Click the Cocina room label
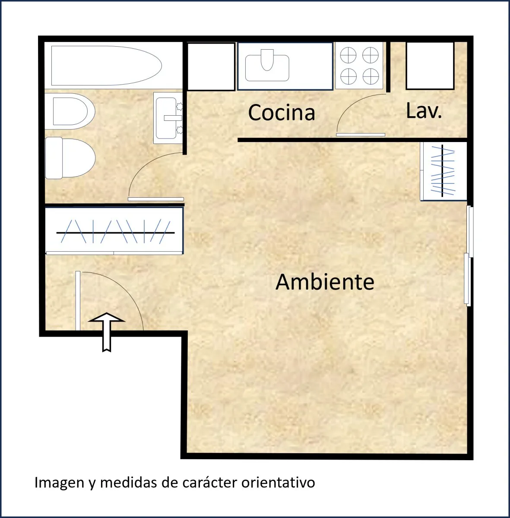(282, 112)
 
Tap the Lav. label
(424, 111)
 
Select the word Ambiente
(325, 282)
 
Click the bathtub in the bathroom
(107, 66)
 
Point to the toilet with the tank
(70, 158)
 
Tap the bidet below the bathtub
(70, 111)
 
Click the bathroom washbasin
(168, 118)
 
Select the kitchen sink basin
(267, 65)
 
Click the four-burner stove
(359, 66)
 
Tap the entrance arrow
(107, 332)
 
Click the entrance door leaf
(78, 300)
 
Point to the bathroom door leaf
(156, 199)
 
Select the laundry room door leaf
(361, 135)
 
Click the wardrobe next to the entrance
(114, 231)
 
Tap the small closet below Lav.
(443, 171)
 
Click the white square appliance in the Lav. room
(430, 66)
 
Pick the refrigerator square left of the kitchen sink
(211, 66)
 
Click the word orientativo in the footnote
(278, 483)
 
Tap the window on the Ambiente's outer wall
(469, 256)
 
